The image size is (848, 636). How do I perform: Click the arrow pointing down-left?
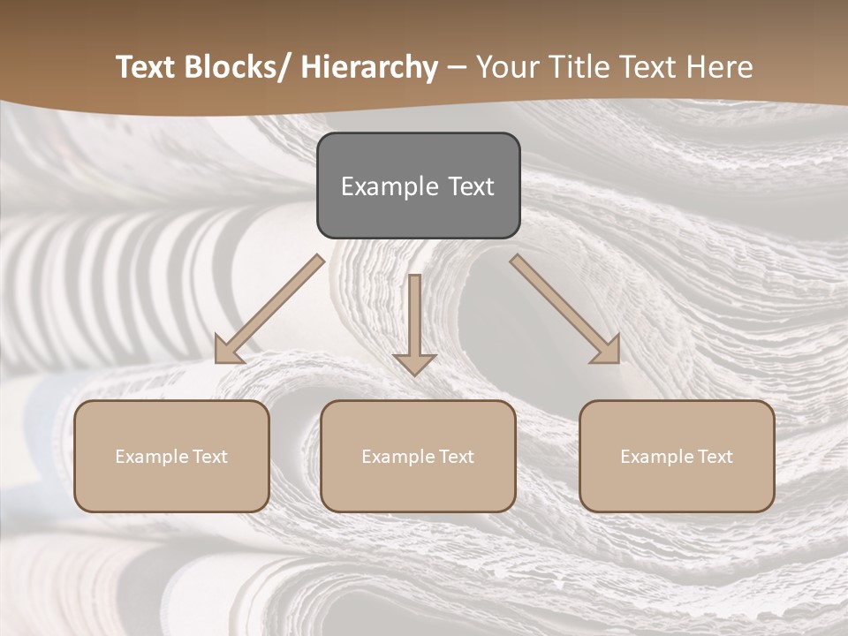click(x=269, y=309)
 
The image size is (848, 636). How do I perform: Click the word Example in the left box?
click(x=148, y=457)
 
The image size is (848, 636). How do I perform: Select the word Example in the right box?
click(x=653, y=457)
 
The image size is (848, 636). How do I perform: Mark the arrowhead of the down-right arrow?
click(x=608, y=351)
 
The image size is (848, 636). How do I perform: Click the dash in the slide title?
click(x=457, y=67)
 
